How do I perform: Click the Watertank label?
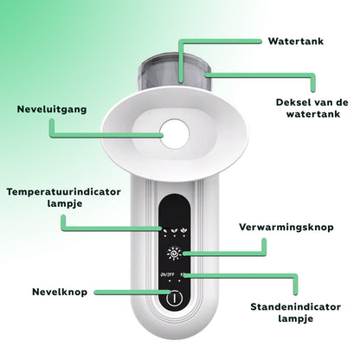point(296,42)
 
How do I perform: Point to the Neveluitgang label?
point(52,109)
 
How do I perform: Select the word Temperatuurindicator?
point(64,192)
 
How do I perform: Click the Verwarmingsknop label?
point(286,227)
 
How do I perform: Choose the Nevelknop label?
point(60,292)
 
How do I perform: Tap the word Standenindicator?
point(296,306)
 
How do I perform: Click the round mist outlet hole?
point(175,134)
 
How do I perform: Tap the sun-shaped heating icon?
point(174,254)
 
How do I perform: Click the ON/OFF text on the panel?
point(166,274)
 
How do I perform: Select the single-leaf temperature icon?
point(165,231)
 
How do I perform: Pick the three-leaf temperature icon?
point(183,230)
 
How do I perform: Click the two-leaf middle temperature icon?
point(174,230)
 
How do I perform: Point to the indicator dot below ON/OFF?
point(170,280)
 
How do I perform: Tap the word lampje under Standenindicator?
point(296,318)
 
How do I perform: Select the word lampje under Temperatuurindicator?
point(65,203)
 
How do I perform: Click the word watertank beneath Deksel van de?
point(313,114)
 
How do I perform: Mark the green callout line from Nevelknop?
point(133,292)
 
